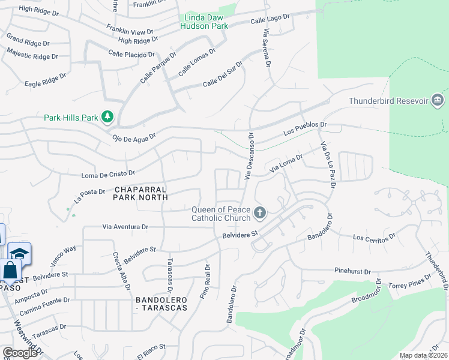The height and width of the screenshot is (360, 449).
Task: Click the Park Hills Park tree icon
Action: point(108,116)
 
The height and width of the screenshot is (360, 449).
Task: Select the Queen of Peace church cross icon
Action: point(259,212)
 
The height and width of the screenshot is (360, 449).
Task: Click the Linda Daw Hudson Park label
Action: point(203,22)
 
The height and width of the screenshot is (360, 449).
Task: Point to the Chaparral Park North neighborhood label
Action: point(139,193)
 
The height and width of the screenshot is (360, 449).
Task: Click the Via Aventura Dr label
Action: point(125,227)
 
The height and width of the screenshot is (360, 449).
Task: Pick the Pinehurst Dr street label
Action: point(357,271)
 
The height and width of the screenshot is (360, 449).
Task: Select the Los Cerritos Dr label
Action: point(375,238)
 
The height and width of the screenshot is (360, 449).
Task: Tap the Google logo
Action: point(19,353)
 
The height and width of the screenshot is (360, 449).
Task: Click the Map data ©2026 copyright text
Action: point(423,355)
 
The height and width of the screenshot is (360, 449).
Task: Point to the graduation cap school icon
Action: point(19,254)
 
